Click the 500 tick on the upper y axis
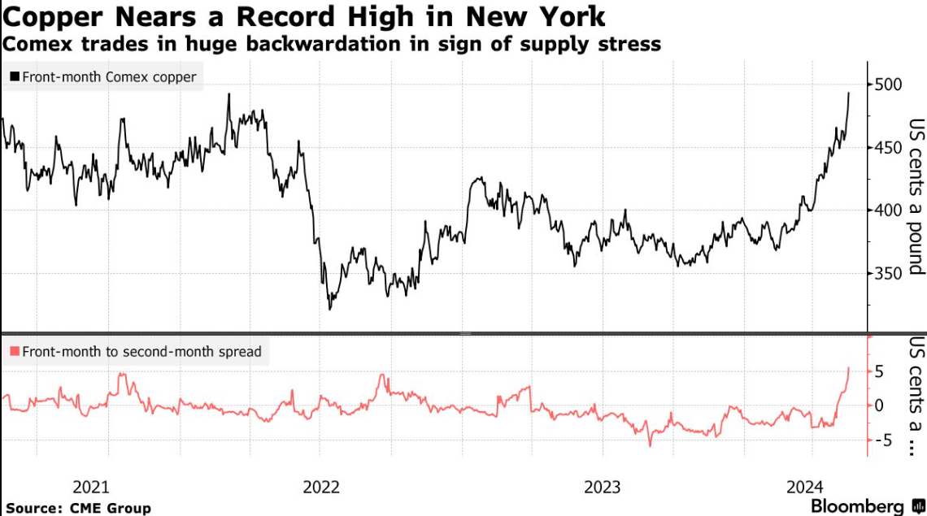pyautogui.click(x=890, y=85)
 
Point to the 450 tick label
pyautogui.click(x=890, y=148)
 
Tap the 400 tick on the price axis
pyautogui.click(x=890, y=210)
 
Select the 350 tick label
pyautogui.click(x=890, y=274)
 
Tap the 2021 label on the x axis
pyautogui.click(x=91, y=487)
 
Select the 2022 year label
pyautogui.click(x=321, y=487)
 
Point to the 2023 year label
pyautogui.click(x=603, y=487)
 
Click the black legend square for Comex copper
pyautogui.click(x=14, y=77)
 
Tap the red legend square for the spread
pyautogui.click(x=14, y=352)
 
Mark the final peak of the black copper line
pyautogui.click(x=849, y=93)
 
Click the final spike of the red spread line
pyautogui.click(x=849, y=367)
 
